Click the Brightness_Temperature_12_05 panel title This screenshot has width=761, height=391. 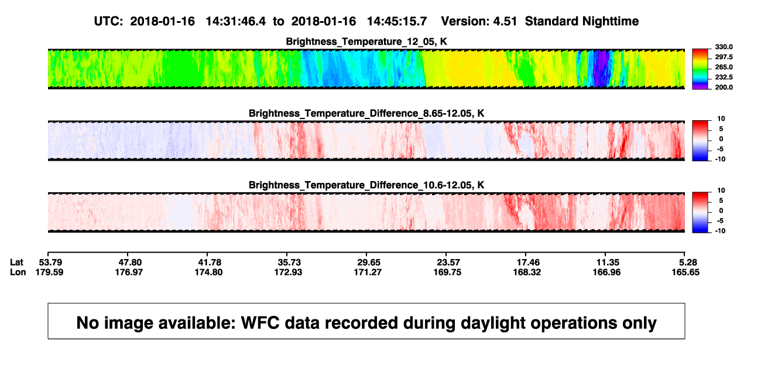click(366, 42)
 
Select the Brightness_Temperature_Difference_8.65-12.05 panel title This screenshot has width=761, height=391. click(366, 113)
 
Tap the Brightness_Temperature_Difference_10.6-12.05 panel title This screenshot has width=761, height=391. click(366, 185)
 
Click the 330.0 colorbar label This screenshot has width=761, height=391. click(724, 47)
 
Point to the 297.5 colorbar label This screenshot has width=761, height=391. click(724, 57)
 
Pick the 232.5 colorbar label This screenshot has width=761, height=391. click(724, 77)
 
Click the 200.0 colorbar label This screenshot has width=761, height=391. click(724, 87)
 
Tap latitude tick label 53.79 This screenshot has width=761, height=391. click(50, 263)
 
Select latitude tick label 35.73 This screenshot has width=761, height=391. click(289, 263)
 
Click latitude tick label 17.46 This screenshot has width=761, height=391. click(528, 263)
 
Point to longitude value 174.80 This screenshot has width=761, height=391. click(208, 272)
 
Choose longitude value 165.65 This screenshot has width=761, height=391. click(685, 272)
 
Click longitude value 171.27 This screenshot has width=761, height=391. click(368, 272)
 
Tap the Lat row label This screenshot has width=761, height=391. click(16, 263)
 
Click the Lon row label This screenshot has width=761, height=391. click(18, 272)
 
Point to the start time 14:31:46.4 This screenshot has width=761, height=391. click(236, 22)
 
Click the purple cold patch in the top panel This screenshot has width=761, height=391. click(601, 68)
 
